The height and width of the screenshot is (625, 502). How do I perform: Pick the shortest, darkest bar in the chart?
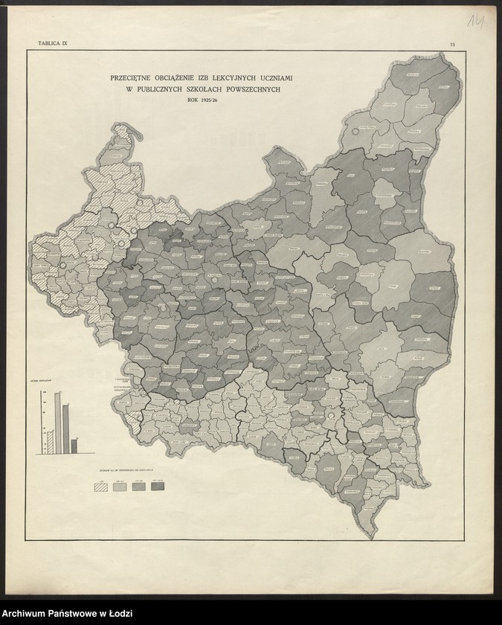pos(74,445)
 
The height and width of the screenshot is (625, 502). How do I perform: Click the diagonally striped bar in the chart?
pos(50,440)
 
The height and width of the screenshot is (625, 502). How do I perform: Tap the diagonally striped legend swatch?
pos(99,487)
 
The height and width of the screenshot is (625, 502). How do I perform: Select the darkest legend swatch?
pos(158,487)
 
